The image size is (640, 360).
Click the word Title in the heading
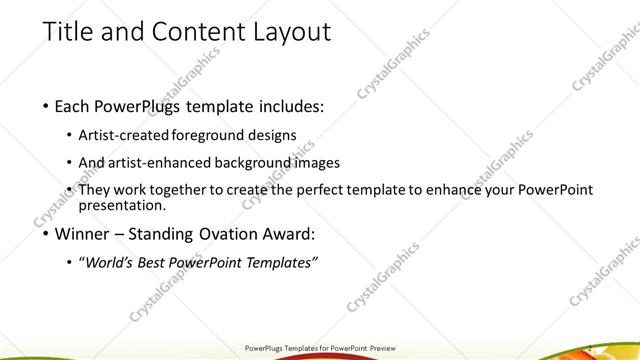point(69,33)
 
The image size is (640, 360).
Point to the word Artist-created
point(125,135)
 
